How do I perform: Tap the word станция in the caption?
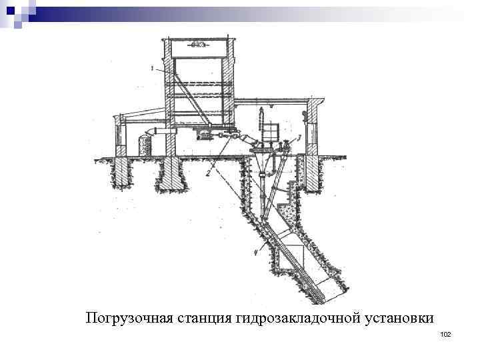pos(203,318)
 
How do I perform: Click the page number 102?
pos(446,334)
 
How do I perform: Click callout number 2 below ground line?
pos(209,173)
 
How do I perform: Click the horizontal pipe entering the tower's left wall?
pos(157,131)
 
